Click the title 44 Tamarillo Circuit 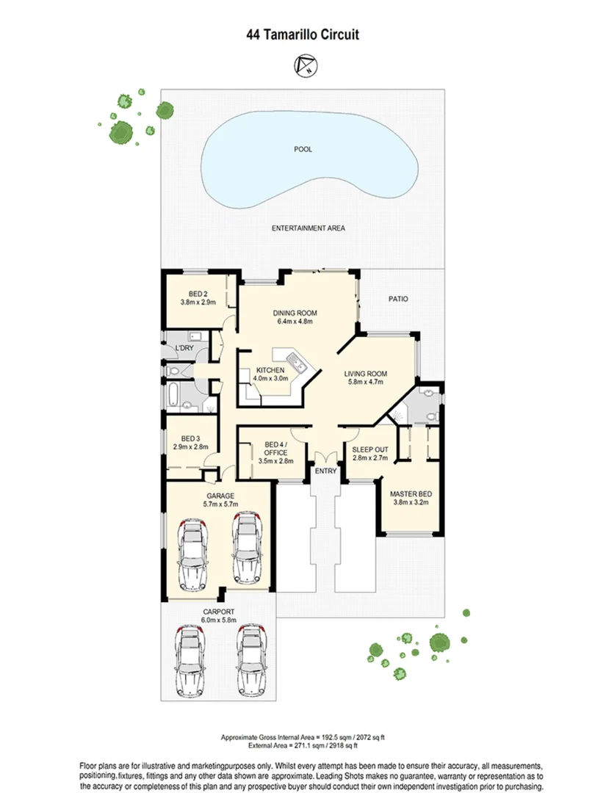pyautogui.click(x=297, y=35)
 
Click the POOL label pyautogui.click(x=303, y=149)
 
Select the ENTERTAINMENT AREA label pyautogui.click(x=308, y=228)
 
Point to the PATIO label pyautogui.click(x=397, y=299)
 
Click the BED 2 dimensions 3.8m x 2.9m pyautogui.click(x=198, y=302)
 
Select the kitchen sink pyautogui.click(x=296, y=362)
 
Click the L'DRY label pyautogui.click(x=184, y=348)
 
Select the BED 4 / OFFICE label pyautogui.click(x=275, y=449)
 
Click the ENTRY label pyautogui.click(x=325, y=472)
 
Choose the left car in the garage pyautogui.click(x=192, y=555)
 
